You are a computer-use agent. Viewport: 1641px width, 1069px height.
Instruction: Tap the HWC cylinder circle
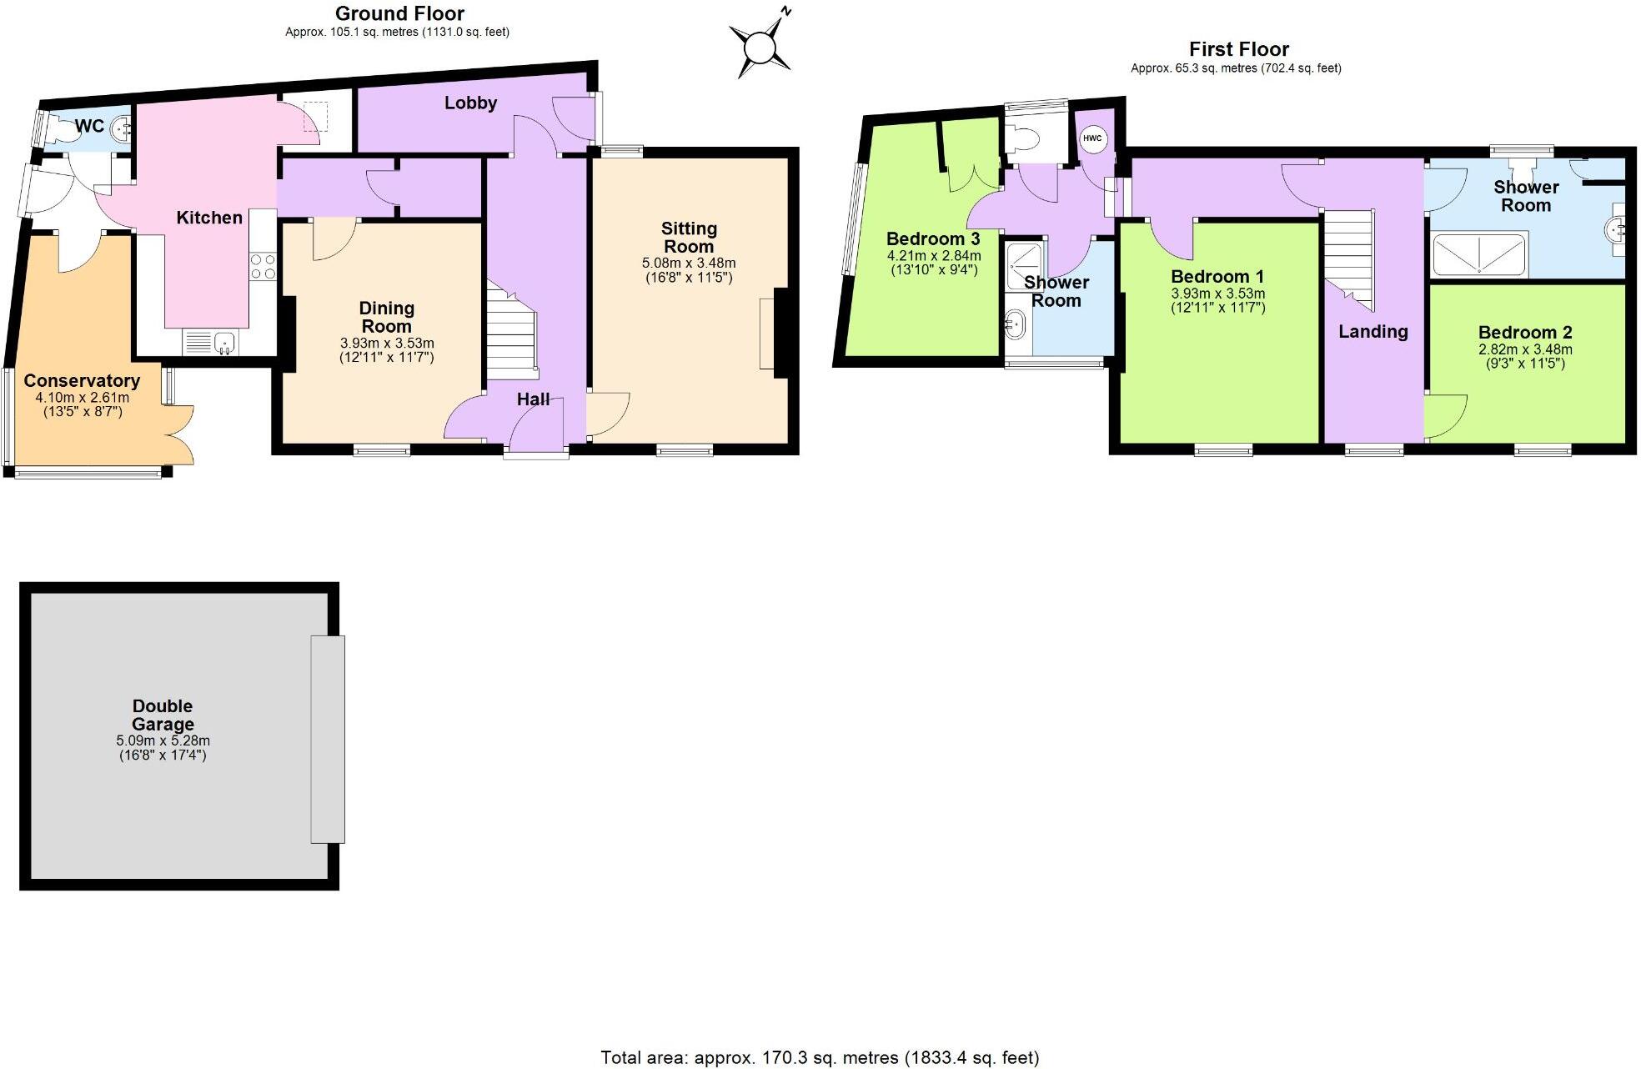coord(1092,138)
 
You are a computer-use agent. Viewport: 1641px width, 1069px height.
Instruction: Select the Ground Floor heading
coord(399,13)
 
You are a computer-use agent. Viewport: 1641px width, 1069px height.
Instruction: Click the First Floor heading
coord(1238,49)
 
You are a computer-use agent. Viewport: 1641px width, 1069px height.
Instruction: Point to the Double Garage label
coord(163,715)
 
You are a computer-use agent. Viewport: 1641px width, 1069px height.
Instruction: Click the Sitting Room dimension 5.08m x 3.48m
coord(689,263)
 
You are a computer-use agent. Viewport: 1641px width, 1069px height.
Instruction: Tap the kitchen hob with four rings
coord(263,267)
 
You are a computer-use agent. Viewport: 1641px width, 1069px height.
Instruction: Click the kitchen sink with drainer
coord(211,342)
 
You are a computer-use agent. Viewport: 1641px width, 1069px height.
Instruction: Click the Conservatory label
coord(82,380)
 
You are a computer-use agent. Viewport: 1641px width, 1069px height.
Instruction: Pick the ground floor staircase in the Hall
coord(511,334)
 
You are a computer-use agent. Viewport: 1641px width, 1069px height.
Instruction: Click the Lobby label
coord(470,103)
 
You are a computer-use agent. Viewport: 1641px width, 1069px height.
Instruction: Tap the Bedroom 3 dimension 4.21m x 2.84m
coord(933,256)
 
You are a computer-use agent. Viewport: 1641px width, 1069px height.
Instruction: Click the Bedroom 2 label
coord(1525,332)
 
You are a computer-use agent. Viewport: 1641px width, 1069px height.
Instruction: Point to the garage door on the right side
coord(328,739)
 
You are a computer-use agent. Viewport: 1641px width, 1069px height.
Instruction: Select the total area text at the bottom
coord(820,1057)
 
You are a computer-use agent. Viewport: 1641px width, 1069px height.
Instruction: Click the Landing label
coord(1373,331)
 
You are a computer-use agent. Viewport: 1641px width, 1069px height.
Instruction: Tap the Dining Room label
coord(386,317)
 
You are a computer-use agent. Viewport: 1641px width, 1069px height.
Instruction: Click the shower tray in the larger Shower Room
coord(1479,254)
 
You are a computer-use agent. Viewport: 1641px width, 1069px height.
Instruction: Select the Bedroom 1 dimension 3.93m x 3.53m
coord(1217,294)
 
